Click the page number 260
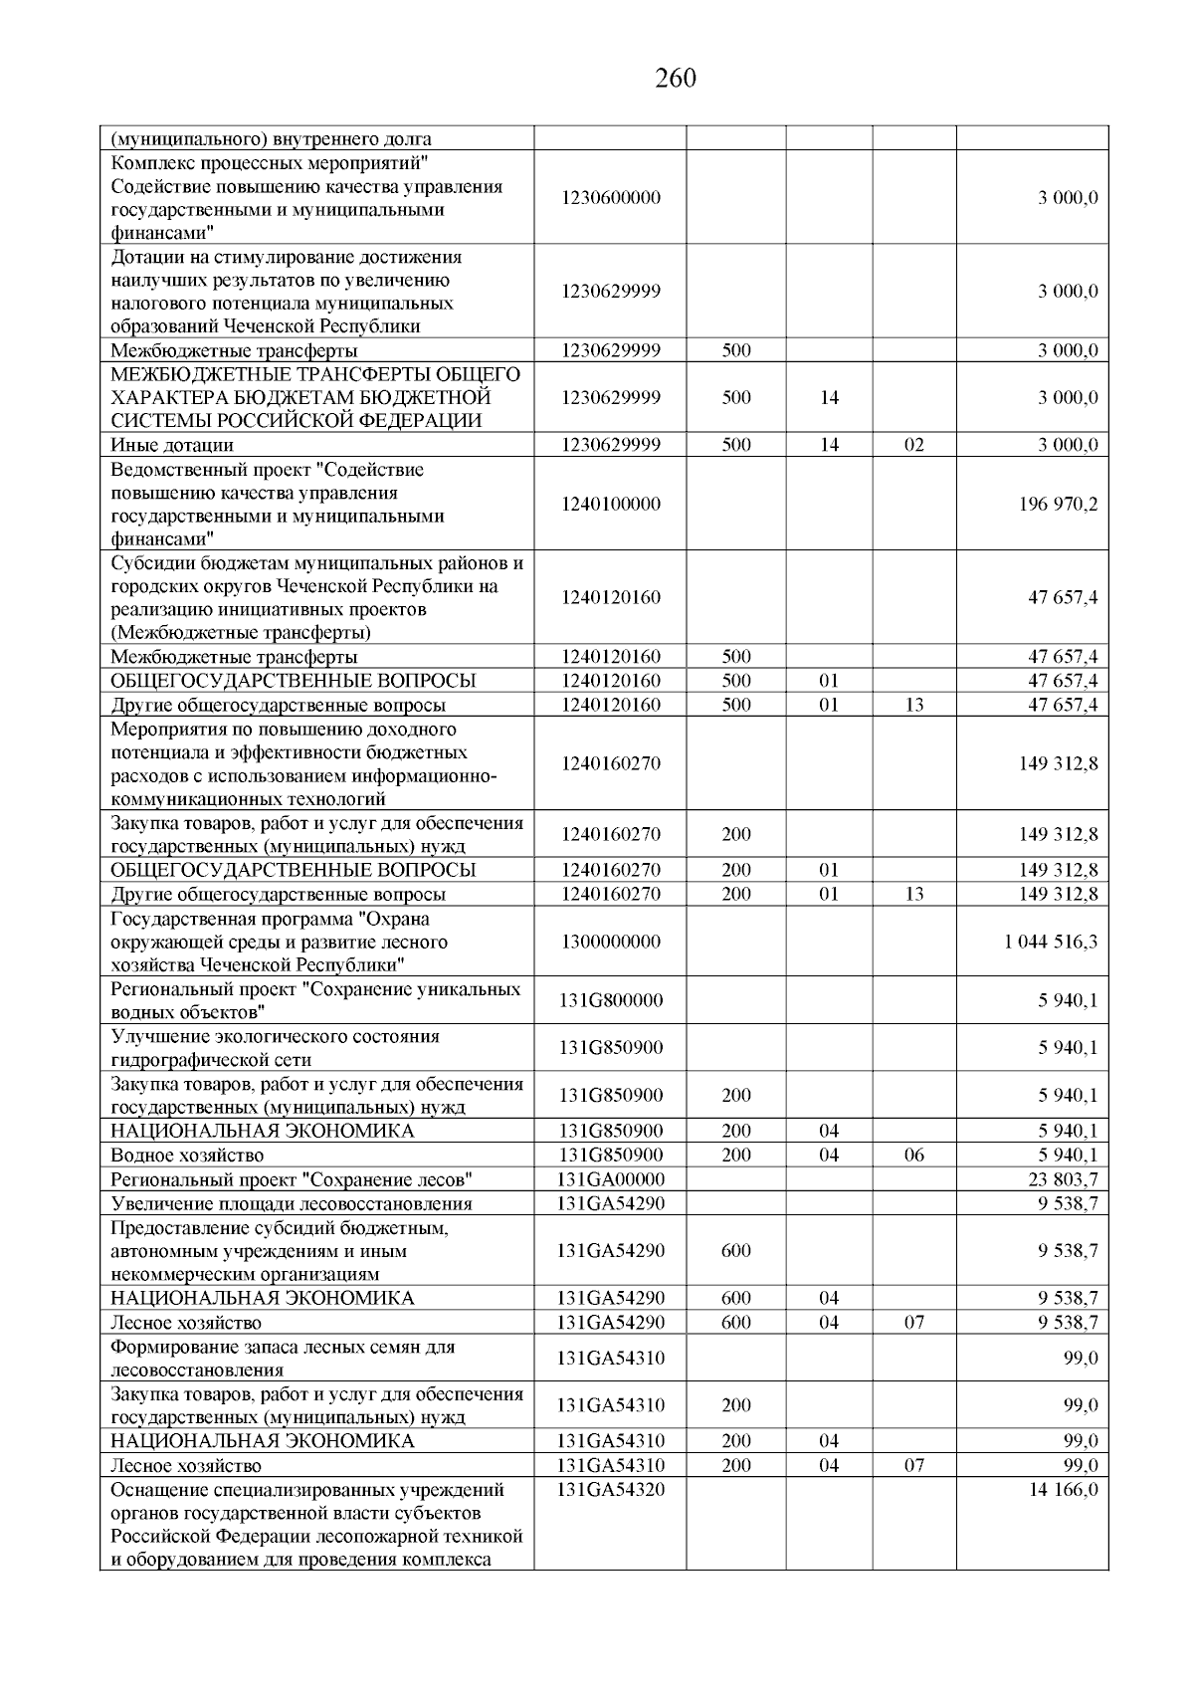point(676,78)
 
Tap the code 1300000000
point(610,942)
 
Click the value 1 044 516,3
point(1051,942)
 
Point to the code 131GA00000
point(610,1179)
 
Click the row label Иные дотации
point(172,445)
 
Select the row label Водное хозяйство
point(187,1156)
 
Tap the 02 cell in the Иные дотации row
point(913,445)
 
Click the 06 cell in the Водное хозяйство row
point(913,1156)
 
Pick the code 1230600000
point(610,197)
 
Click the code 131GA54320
point(610,1490)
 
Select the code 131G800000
point(610,1000)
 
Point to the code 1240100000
point(610,505)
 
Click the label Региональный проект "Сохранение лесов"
point(292,1179)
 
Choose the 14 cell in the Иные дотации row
point(829,445)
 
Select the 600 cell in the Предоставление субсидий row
point(735,1251)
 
